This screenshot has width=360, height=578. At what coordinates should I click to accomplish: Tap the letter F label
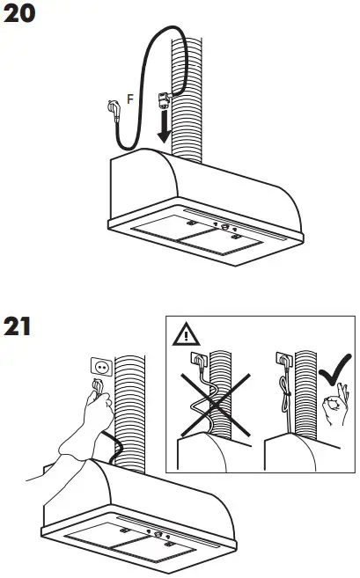(130, 99)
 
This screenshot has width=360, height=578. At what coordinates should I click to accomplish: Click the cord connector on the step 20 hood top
(164, 101)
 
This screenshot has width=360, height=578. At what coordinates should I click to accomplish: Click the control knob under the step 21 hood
(159, 534)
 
